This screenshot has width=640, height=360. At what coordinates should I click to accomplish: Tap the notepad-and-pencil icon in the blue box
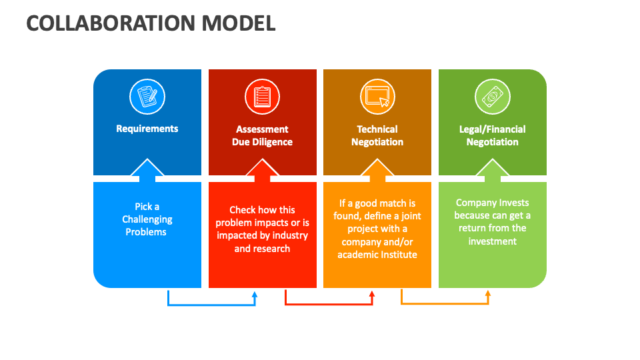[x=147, y=97]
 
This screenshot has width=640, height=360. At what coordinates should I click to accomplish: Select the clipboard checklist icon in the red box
[x=262, y=97]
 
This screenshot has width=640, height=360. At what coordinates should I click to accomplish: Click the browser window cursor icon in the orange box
[x=377, y=97]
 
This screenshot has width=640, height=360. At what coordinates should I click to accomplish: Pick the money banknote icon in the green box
[x=492, y=97]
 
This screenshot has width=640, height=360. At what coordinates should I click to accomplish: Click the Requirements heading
[x=147, y=129]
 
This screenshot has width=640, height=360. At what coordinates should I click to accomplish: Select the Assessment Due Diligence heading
[x=262, y=135]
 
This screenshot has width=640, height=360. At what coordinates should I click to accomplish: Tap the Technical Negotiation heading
[x=377, y=135]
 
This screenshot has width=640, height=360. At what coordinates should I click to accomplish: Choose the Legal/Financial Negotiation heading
[x=492, y=135]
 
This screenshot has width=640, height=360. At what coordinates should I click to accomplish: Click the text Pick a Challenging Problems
[x=147, y=219]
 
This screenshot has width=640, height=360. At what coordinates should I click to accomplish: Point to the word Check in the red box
[x=243, y=210]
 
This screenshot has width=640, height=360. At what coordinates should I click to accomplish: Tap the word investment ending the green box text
[x=492, y=241]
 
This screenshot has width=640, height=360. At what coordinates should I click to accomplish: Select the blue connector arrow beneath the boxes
[x=211, y=305]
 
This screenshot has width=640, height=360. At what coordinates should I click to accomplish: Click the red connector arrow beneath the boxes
[x=329, y=305]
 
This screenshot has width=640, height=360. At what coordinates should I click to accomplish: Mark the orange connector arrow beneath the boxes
[x=445, y=304]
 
